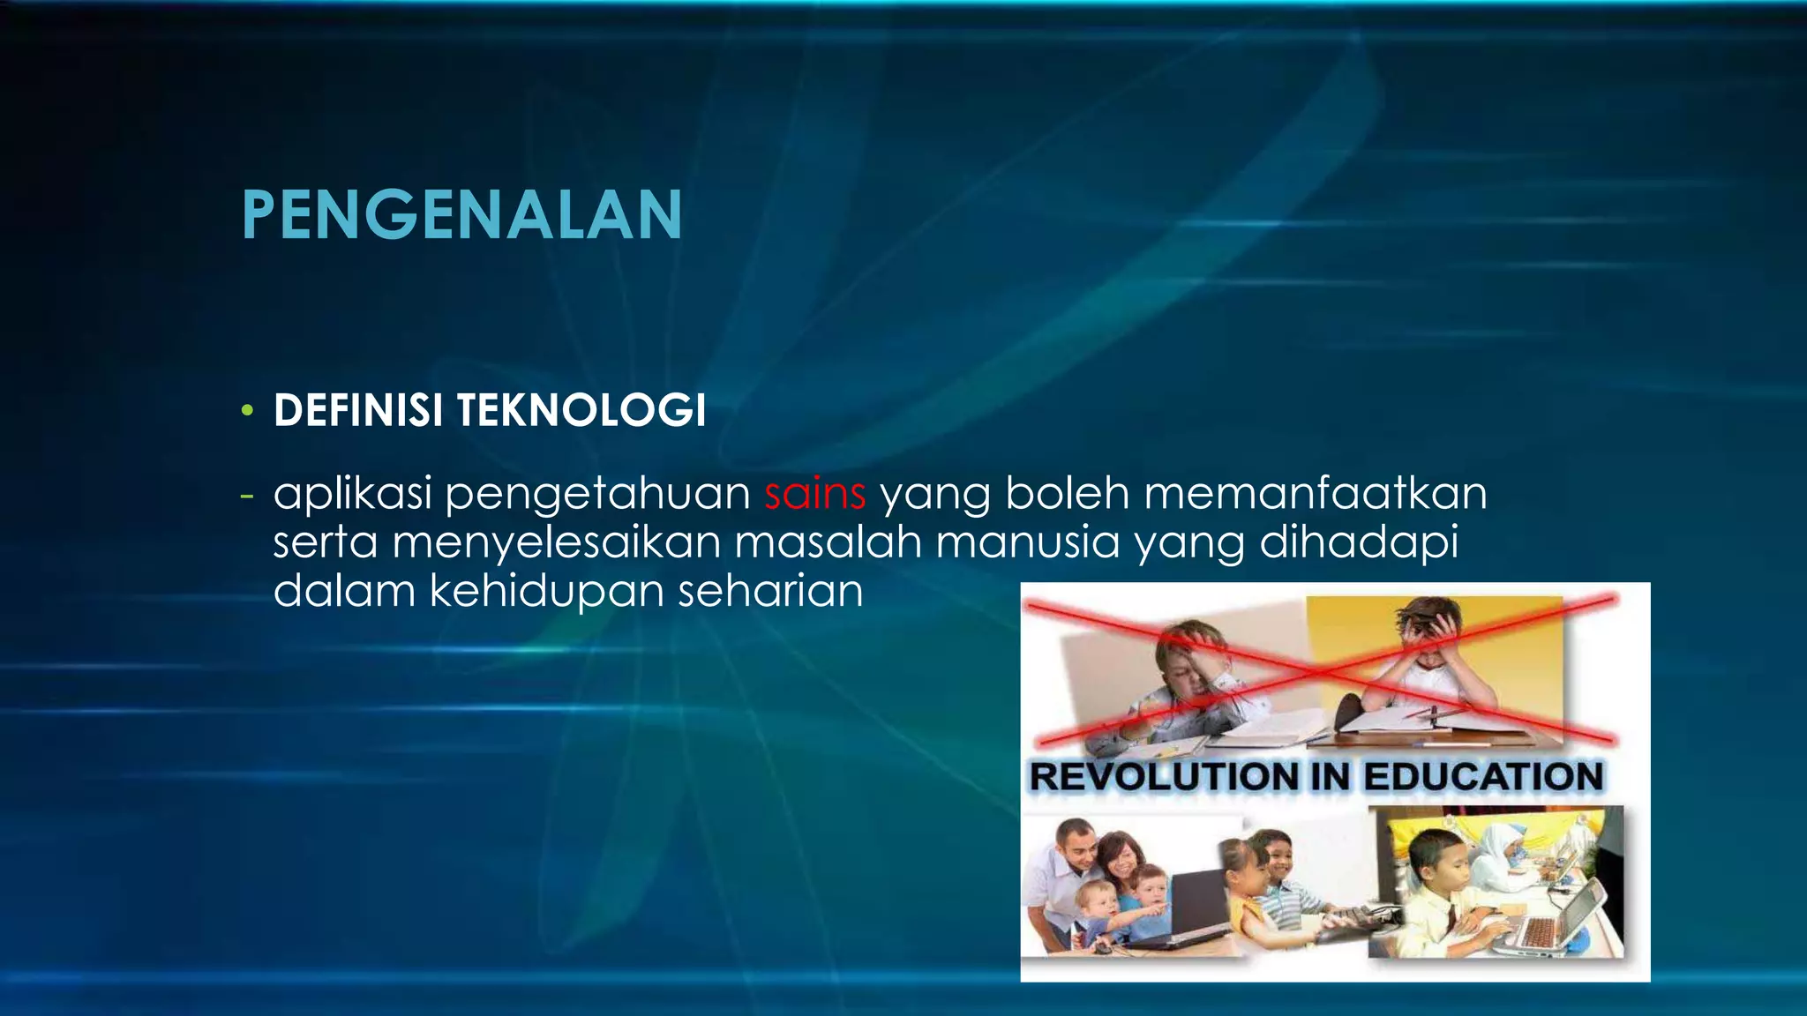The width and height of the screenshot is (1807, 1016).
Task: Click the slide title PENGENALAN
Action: (461, 215)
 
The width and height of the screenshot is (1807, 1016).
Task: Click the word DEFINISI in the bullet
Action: (358, 411)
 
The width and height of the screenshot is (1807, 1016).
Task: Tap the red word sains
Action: (815, 493)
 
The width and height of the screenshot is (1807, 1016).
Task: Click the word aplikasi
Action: (352, 494)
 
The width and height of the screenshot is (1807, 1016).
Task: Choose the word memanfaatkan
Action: (1316, 493)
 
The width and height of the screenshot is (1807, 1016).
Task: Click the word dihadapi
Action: (1359, 542)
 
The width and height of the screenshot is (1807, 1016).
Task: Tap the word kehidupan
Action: (547, 590)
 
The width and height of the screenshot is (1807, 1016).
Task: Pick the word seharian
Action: (770, 590)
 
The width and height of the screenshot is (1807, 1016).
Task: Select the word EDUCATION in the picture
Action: (1483, 777)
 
